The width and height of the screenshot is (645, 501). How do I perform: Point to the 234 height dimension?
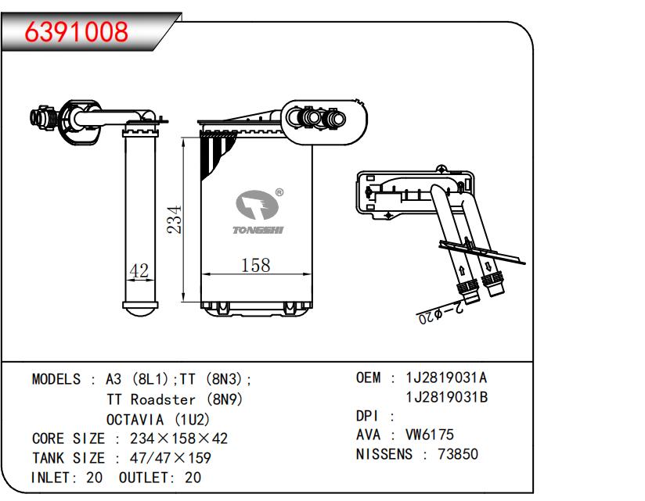tap(176, 221)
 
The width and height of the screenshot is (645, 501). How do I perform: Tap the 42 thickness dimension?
tap(139, 270)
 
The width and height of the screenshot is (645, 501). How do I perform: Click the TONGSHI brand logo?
tap(259, 212)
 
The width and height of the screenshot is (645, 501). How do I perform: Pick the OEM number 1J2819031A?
tap(446, 378)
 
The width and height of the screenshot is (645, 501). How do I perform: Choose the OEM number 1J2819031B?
tap(446, 398)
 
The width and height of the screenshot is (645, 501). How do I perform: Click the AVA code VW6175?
tap(429, 435)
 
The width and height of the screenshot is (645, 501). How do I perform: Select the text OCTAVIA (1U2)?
tap(158, 419)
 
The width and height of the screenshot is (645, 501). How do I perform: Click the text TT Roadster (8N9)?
tap(175, 399)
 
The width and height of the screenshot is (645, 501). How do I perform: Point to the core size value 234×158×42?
tap(178, 438)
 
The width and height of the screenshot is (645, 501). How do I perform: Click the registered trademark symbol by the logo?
tap(279, 191)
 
